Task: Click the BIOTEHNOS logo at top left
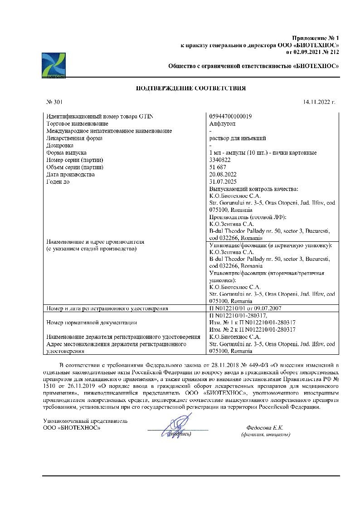click(54, 65)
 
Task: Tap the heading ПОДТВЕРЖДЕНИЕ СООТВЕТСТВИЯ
click(191, 88)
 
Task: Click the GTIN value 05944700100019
click(231, 117)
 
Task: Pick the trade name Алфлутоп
click(223, 124)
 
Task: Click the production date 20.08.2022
click(224, 175)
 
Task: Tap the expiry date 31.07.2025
click(224, 182)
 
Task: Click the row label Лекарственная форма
click(74, 138)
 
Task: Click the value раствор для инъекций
click(237, 138)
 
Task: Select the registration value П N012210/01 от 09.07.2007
click(246, 308)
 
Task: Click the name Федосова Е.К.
click(265, 427)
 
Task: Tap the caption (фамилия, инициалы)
click(266, 435)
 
